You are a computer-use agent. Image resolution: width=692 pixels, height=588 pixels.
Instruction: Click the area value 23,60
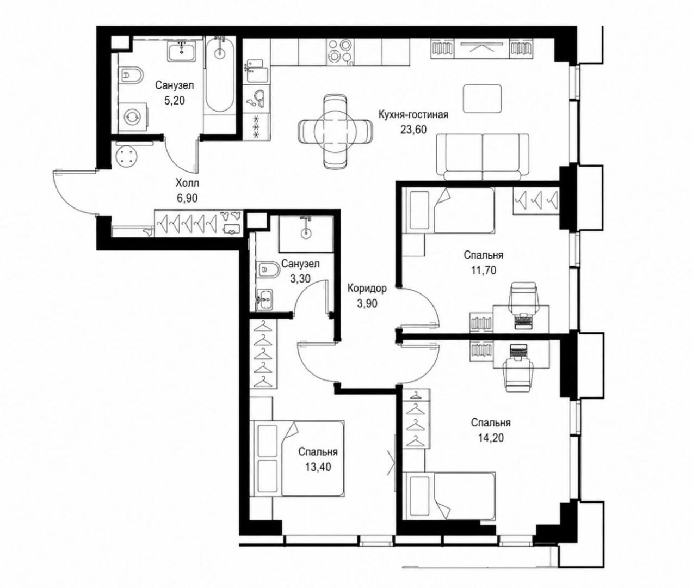[413, 130]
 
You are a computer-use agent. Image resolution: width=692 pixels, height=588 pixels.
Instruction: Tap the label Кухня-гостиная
[413, 114]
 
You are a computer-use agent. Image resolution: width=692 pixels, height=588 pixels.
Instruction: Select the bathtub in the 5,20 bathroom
[220, 77]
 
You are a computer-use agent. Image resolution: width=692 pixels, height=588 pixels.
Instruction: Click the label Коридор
[367, 288]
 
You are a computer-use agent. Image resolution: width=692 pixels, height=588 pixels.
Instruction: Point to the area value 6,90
[187, 198]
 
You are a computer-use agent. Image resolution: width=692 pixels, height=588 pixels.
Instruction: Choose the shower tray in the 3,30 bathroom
[306, 234]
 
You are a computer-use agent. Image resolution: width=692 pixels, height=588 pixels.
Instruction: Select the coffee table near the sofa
[482, 99]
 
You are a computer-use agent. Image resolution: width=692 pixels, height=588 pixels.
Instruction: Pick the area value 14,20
[491, 437]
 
